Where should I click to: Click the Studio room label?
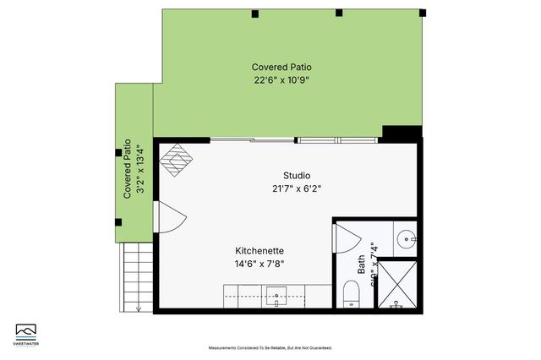[x=285, y=175]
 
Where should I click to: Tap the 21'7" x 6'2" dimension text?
[x=285, y=188]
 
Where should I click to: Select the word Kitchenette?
[x=260, y=250]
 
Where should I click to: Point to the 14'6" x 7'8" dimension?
[x=260, y=264]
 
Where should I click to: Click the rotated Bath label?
[x=361, y=265]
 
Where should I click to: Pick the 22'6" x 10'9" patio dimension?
[x=281, y=80]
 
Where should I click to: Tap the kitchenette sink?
[x=277, y=297]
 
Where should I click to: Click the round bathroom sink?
[x=407, y=239]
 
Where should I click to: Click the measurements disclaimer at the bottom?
[x=270, y=347]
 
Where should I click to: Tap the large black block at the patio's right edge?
[x=402, y=134]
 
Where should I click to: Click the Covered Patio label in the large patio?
[x=281, y=67]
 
